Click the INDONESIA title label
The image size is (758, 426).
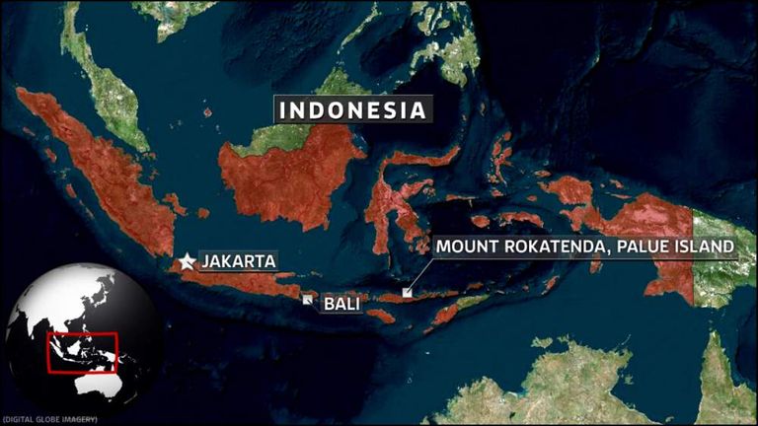pos(353,109)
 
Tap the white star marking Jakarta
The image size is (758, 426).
pos(188,261)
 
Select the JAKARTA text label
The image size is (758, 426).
pos(237,261)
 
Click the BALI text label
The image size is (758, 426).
pos(342,305)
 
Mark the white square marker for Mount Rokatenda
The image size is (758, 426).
pos(407,292)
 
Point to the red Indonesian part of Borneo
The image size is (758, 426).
pos(291,177)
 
